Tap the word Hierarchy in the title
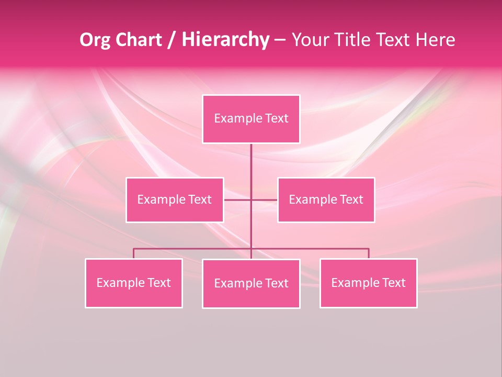(x=225, y=40)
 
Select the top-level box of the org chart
(x=251, y=119)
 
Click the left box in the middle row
(x=175, y=199)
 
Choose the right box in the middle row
(x=326, y=199)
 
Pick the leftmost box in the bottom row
(x=133, y=283)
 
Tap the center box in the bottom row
(x=251, y=283)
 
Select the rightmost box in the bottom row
(x=368, y=283)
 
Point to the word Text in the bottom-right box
(x=394, y=283)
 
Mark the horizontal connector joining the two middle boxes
(x=238, y=199)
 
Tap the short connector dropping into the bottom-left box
(x=133, y=253)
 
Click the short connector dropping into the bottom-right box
(x=369, y=253)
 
